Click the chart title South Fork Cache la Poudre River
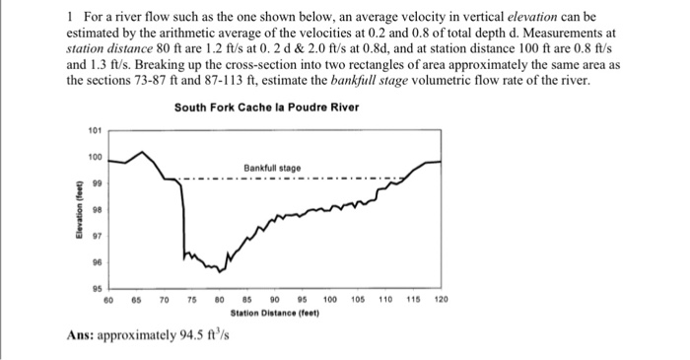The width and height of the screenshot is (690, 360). pyautogui.click(x=266, y=107)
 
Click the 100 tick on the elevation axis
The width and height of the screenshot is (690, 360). pyautogui.click(x=95, y=157)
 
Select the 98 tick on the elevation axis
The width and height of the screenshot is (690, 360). pyautogui.click(x=96, y=209)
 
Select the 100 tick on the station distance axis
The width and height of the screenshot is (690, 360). pyautogui.click(x=329, y=299)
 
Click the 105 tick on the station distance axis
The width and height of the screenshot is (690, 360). pyautogui.click(x=357, y=299)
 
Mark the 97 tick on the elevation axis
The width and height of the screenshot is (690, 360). pyautogui.click(x=96, y=236)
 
